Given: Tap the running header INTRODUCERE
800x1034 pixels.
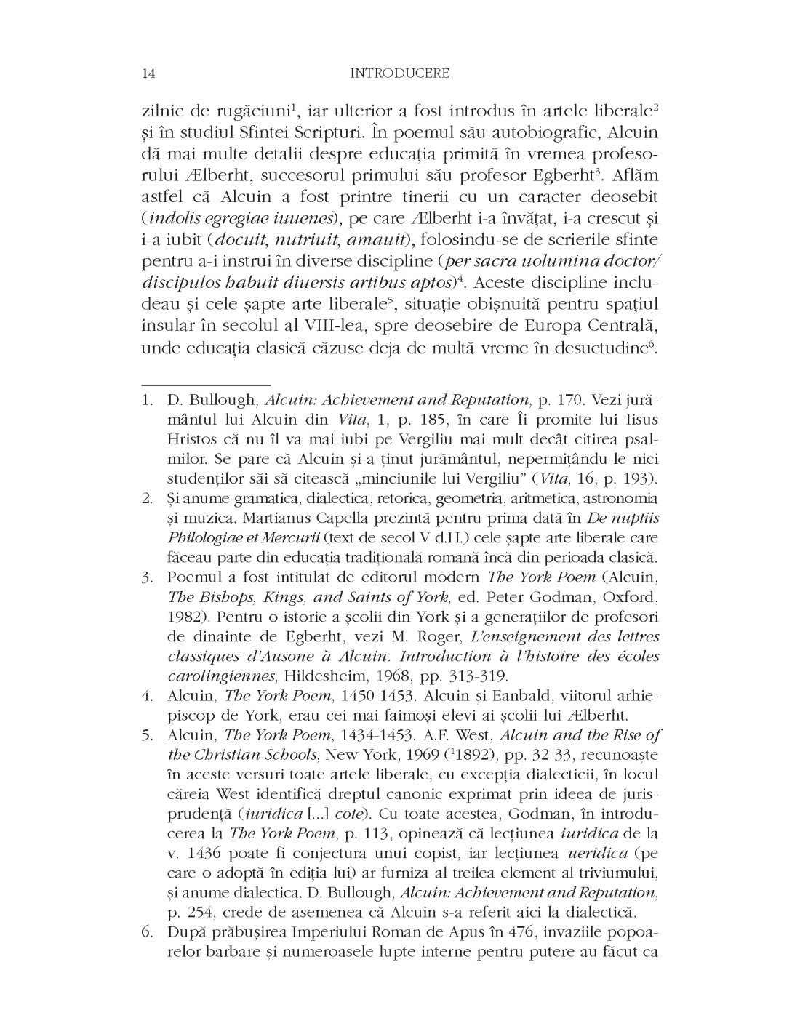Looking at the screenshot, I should tap(399, 73).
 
